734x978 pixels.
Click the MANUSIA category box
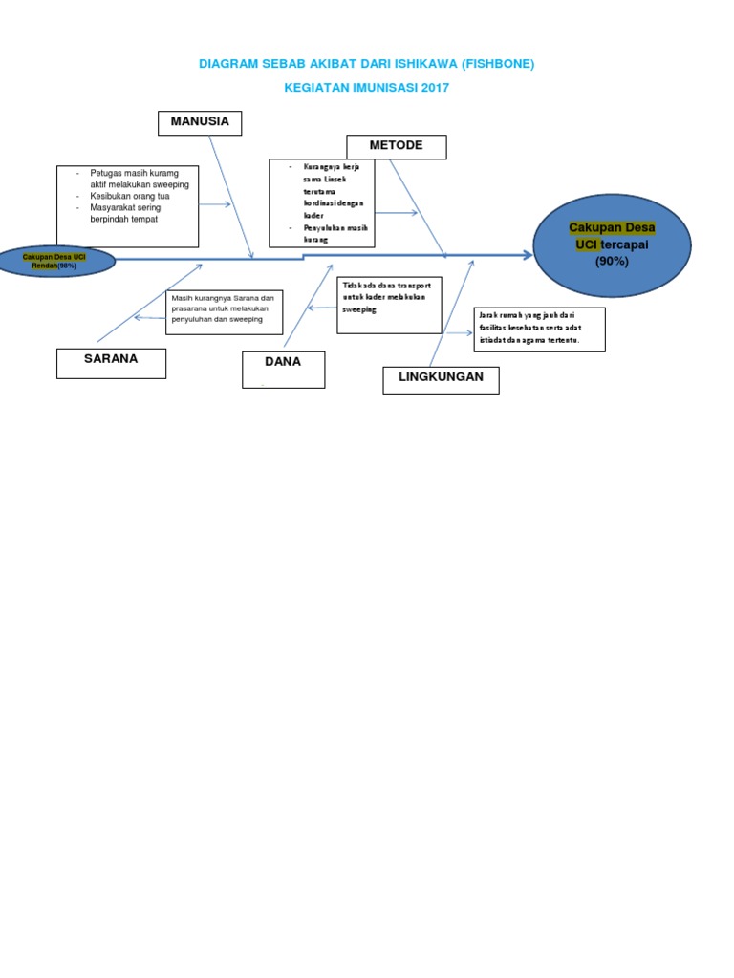[200, 123]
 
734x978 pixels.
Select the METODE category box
[396, 147]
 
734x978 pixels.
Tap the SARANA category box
[111, 362]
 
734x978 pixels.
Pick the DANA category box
[283, 369]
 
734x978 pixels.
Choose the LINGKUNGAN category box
[441, 379]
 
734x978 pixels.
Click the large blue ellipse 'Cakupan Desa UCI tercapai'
[612, 244]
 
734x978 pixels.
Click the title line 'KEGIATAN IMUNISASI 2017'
[366, 88]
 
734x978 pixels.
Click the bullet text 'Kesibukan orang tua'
[130, 196]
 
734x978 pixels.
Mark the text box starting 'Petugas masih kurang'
[127, 206]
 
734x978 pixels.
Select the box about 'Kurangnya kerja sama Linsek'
[321, 202]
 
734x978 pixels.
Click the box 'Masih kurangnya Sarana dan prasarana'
[225, 312]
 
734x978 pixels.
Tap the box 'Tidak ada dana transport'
[389, 305]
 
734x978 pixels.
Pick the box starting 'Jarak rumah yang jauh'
[539, 330]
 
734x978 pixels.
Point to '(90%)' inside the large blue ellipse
[612, 261]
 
